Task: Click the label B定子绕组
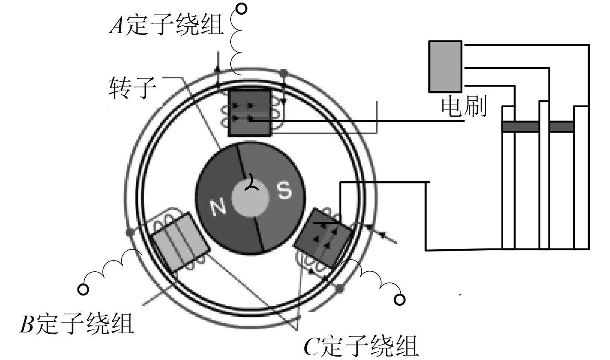pyautogui.click(x=77, y=324)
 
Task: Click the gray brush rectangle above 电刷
pyautogui.click(x=445, y=66)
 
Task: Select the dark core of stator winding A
pyautogui.click(x=250, y=112)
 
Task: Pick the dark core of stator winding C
pyautogui.click(x=323, y=238)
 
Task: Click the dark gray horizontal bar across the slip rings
pyautogui.click(x=538, y=127)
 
